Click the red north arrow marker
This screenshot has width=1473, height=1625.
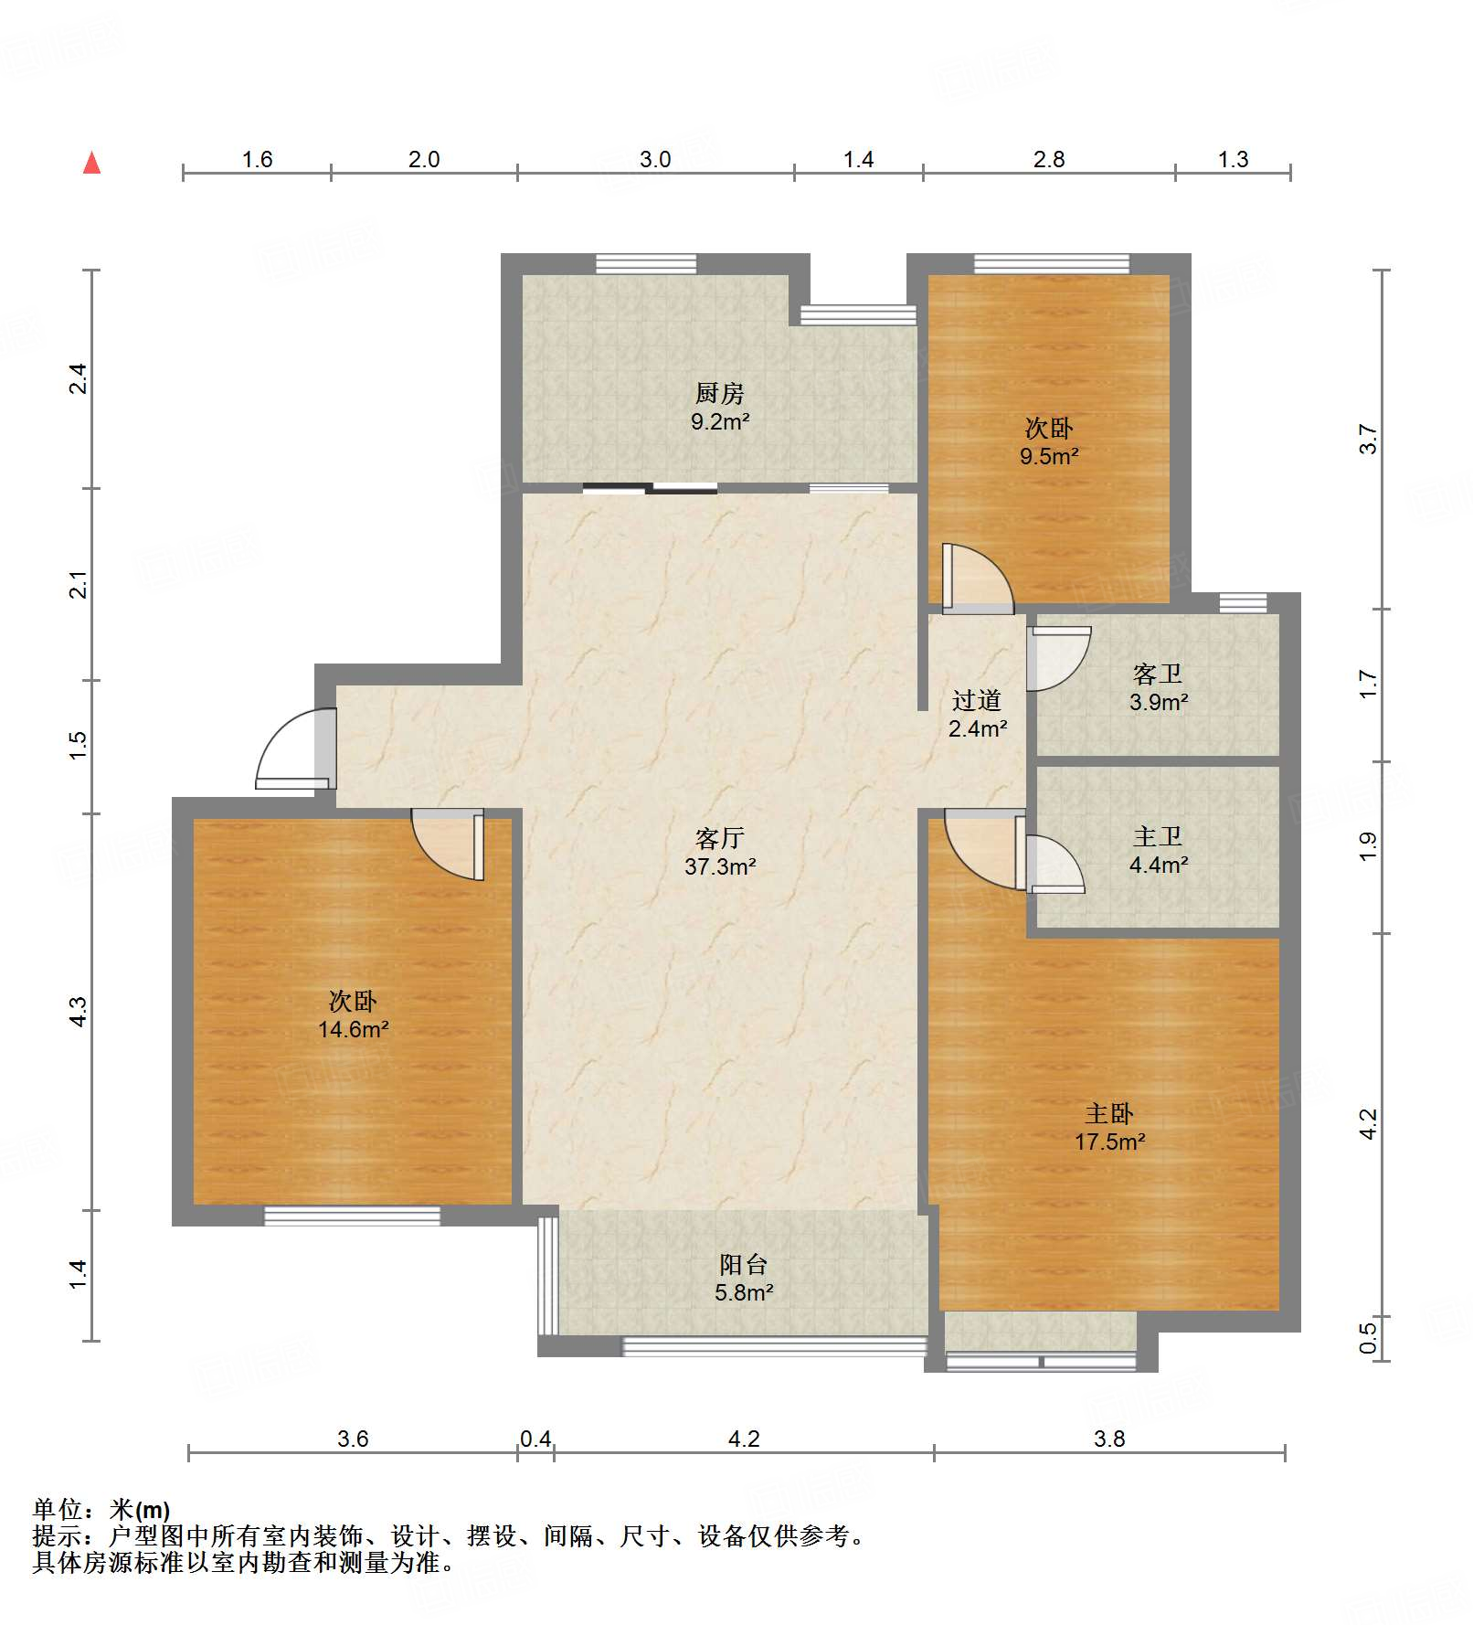[91, 163]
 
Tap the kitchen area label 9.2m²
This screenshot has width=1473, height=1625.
[720, 422]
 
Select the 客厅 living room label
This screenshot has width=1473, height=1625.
[720, 838]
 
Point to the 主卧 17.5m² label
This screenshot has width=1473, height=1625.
[1109, 1128]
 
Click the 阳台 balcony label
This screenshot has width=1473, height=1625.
[743, 1265]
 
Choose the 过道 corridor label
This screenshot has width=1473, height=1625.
[977, 701]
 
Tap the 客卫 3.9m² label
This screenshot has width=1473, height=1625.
[1158, 688]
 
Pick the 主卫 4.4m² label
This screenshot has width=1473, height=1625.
[1158, 851]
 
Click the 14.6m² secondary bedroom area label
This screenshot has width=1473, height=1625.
[354, 1030]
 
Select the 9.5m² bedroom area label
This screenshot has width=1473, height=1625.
[1049, 456]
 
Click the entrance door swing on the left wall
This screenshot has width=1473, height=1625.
[295, 748]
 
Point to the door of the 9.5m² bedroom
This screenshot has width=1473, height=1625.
[978, 579]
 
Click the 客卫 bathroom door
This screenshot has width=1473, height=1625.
[1059, 658]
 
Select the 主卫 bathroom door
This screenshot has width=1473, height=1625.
[1055, 865]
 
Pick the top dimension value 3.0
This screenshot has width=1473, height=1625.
[655, 160]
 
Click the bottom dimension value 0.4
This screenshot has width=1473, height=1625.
[535, 1439]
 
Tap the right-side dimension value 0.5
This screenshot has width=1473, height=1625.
[1368, 1339]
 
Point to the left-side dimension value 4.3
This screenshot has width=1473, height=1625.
[79, 1012]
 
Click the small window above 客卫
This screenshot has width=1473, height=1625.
[1243, 603]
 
